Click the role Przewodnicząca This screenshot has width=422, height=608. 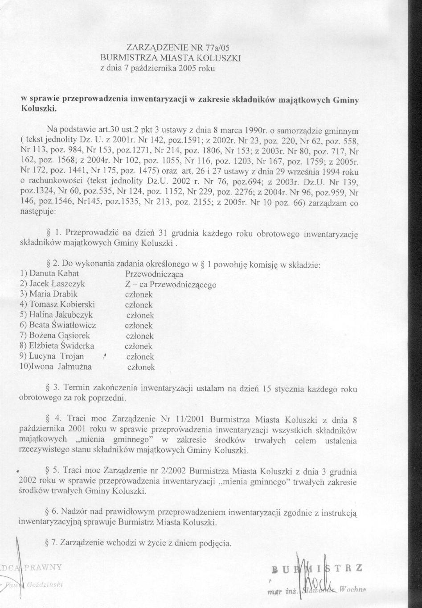pos(155,274)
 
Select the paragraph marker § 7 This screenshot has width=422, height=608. pos(50,543)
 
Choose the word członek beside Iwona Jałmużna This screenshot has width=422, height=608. pos(141,367)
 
